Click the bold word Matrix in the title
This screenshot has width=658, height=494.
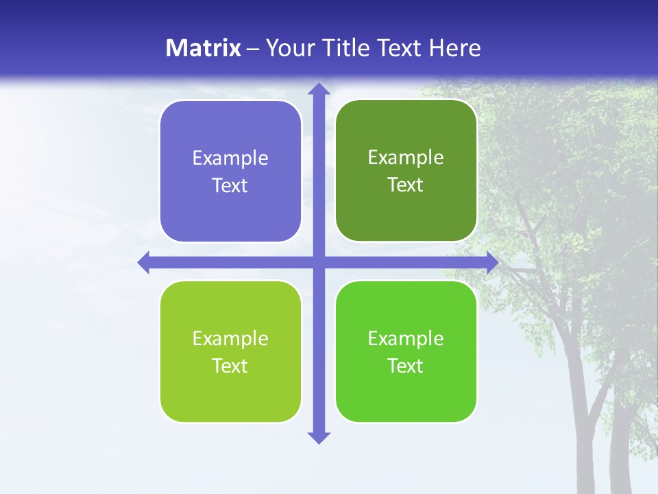pyautogui.click(x=204, y=48)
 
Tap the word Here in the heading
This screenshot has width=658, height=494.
pyautogui.click(x=454, y=48)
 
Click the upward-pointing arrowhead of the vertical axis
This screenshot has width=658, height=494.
pyautogui.click(x=319, y=89)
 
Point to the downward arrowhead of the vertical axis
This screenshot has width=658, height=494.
pyautogui.click(x=319, y=437)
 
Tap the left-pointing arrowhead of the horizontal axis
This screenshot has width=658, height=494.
pyautogui.click(x=145, y=263)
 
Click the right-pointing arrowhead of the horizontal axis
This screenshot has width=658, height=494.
pyautogui.click(x=492, y=263)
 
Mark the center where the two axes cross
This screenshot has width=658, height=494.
pyautogui.click(x=319, y=263)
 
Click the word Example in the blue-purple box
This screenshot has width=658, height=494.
pyautogui.click(x=230, y=158)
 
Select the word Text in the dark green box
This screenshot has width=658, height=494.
pyautogui.click(x=406, y=185)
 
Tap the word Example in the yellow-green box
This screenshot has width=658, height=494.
pyautogui.click(x=230, y=339)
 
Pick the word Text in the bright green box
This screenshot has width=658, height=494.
pyautogui.click(x=406, y=366)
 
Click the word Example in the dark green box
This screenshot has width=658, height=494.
pyautogui.click(x=406, y=158)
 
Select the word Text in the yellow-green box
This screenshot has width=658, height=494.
pyautogui.click(x=230, y=366)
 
